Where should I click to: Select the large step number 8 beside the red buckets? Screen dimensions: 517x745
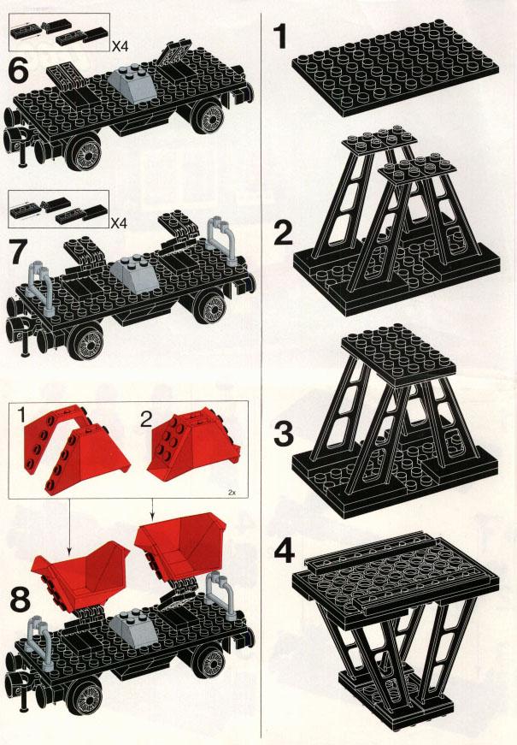point(21,600)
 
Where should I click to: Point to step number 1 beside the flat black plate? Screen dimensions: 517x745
point(281,37)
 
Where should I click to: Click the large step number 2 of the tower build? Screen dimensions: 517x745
point(284,233)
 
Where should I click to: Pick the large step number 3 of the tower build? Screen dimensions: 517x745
point(284,434)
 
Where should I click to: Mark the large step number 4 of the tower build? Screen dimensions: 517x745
point(285,552)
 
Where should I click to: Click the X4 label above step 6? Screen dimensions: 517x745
point(120,46)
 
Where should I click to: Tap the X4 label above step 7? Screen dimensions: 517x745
point(120,223)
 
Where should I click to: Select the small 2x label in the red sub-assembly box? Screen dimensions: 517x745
point(232,493)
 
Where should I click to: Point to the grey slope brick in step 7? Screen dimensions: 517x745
point(134,275)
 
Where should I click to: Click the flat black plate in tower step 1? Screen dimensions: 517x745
point(396,67)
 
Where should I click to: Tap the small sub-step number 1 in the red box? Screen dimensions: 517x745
point(21,415)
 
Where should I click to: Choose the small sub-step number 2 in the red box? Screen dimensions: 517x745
point(146,418)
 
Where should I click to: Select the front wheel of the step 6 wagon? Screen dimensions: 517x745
point(85,151)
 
